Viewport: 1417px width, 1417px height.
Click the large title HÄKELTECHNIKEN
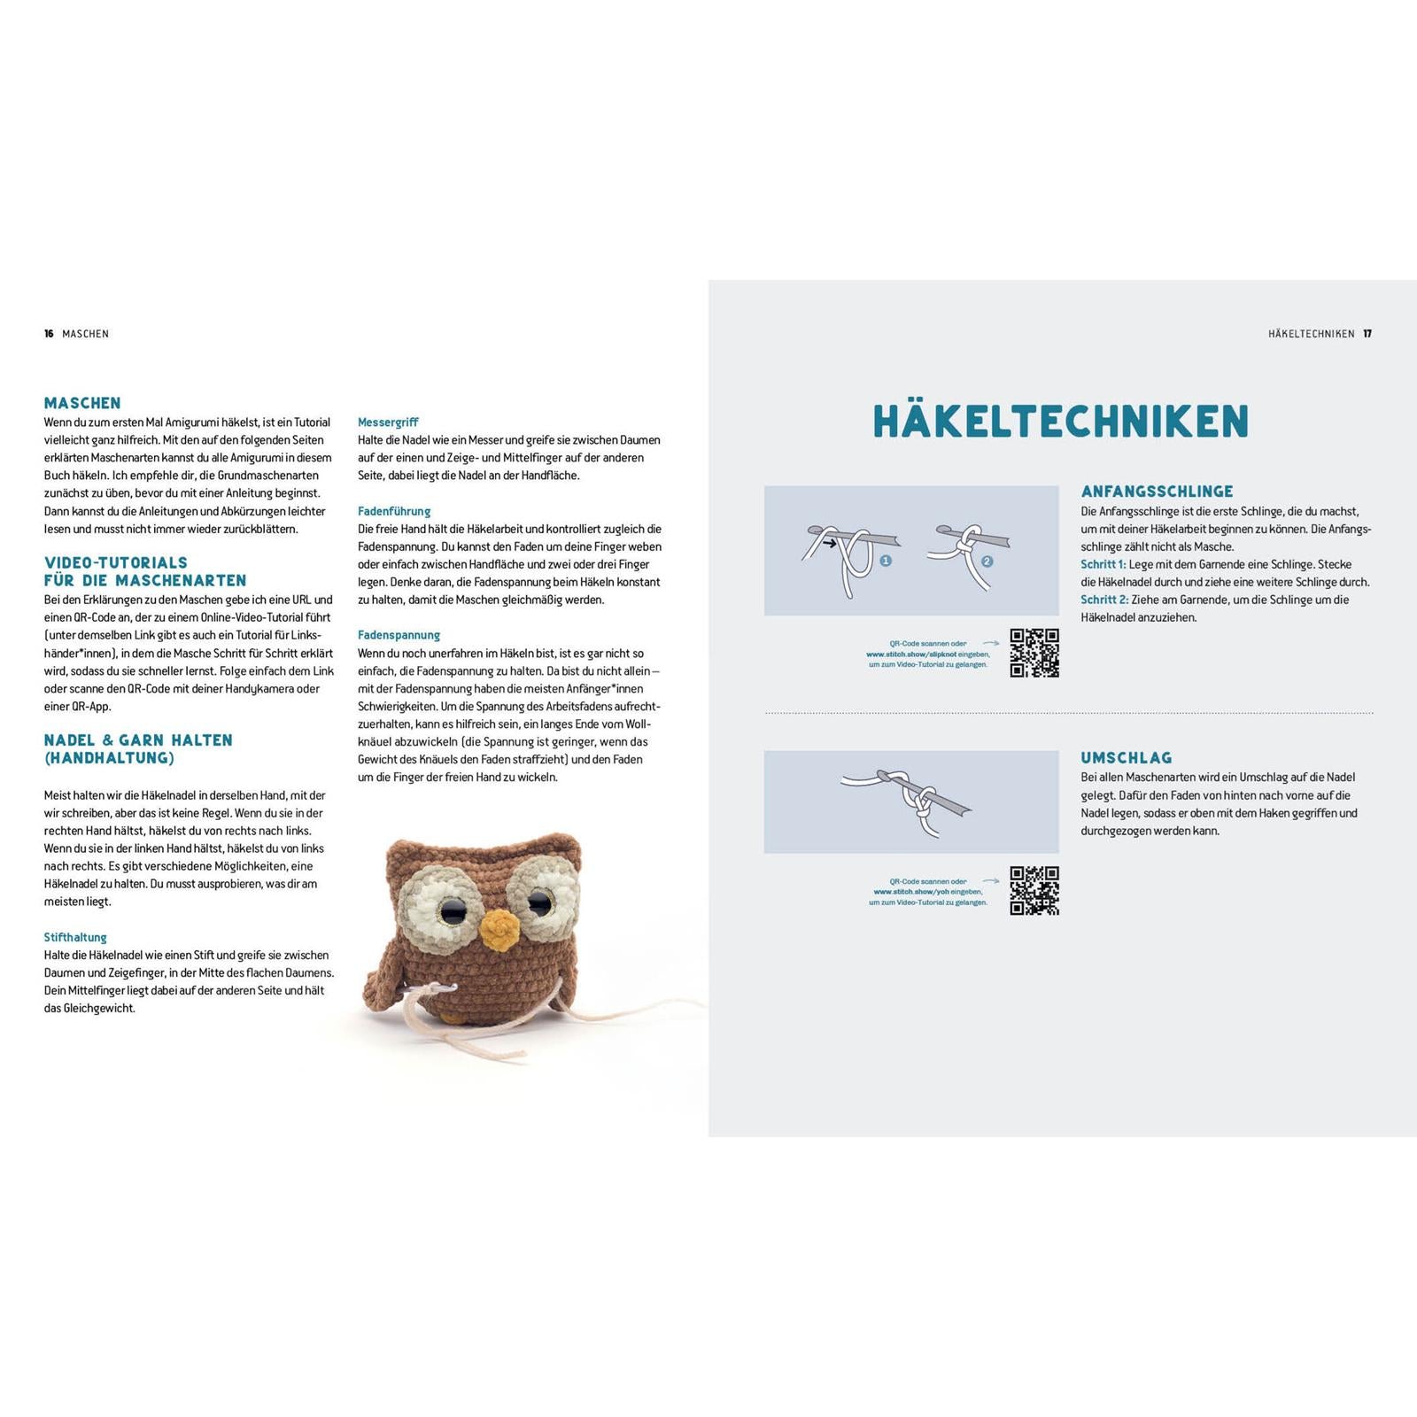click(x=1060, y=421)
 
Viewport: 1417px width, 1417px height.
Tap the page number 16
click(x=49, y=334)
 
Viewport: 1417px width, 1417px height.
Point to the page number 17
click(x=1367, y=334)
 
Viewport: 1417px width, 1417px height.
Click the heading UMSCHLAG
click(x=1126, y=758)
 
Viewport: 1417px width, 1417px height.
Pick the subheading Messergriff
click(x=388, y=422)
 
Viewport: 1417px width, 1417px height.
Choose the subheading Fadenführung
click(x=394, y=511)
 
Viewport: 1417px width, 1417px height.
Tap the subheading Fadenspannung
click(x=399, y=635)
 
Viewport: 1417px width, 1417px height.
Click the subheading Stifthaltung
click(x=75, y=937)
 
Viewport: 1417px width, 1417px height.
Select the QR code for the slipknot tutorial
click(x=1034, y=654)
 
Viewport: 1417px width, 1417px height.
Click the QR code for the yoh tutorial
click(x=1034, y=891)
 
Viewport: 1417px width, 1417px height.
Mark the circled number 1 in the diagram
click(x=886, y=561)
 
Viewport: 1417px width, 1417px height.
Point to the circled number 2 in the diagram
click(x=987, y=561)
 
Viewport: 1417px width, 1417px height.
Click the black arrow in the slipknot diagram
click(x=829, y=543)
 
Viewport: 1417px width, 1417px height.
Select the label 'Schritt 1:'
click(x=1103, y=564)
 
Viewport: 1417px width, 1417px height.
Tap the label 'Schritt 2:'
click(x=1103, y=600)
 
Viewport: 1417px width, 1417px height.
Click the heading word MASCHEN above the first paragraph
click(x=82, y=403)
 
